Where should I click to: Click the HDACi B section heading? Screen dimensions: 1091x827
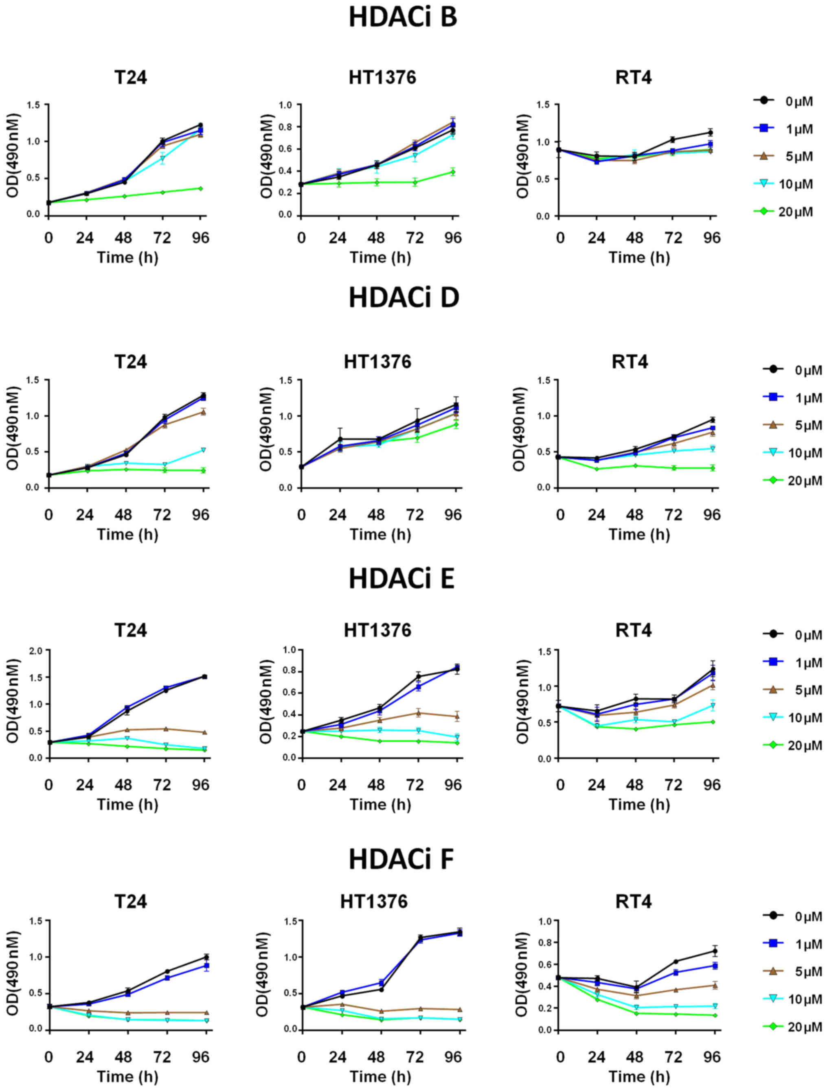pyautogui.click(x=403, y=17)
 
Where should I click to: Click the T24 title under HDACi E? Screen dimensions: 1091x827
pyautogui.click(x=130, y=630)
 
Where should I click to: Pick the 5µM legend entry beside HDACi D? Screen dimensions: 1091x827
pyautogui.click(x=792, y=425)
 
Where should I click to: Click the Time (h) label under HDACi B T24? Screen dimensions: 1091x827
pyautogui.click(x=127, y=258)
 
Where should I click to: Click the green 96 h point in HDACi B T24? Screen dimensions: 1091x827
pyautogui.click(x=200, y=188)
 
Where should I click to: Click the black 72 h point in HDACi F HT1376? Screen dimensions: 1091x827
pyautogui.click(x=420, y=937)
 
